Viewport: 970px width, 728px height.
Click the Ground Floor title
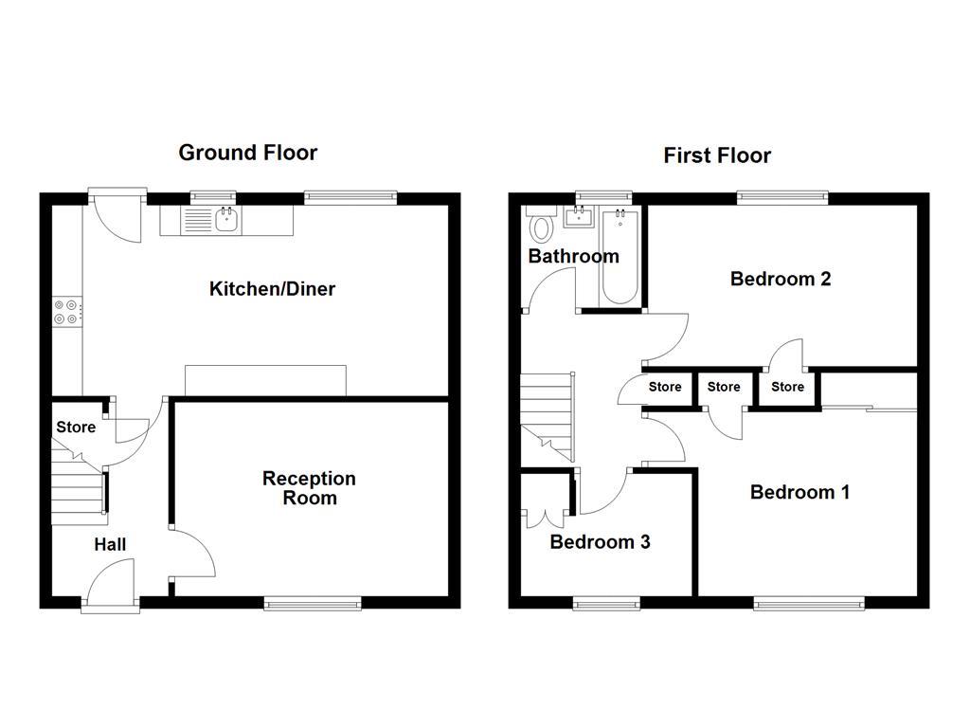pyautogui.click(x=247, y=153)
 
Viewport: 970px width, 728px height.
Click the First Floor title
pyautogui.click(x=717, y=155)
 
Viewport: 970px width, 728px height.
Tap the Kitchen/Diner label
pyautogui.click(x=272, y=289)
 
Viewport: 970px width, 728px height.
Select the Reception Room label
pyautogui.click(x=309, y=488)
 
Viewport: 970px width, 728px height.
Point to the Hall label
pyautogui.click(x=110, y=544)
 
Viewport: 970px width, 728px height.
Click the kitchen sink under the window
pyautogui.click(x=225, y=221)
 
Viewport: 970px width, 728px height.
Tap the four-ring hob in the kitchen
pyautogui.click(x=67, y=312)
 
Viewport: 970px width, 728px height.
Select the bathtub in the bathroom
pyautogui.click(x=620, y=258)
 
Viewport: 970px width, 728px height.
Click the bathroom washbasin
pyautogui.click(x=578, y=217)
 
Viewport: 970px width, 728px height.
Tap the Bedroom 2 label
pyautogui.click(x=781, y=279)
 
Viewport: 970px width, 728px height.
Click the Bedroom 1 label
pyautogui.click(x=799, y=492)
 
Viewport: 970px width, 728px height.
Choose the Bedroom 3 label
pyautogui.click(x=600, y=542)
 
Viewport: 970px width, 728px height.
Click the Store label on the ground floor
pyautogui.click(x=76, y=428)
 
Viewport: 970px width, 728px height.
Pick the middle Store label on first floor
pyautogui.click(x=724, y=387)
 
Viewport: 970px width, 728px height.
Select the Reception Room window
pyautogui.click(x=313, y=603)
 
